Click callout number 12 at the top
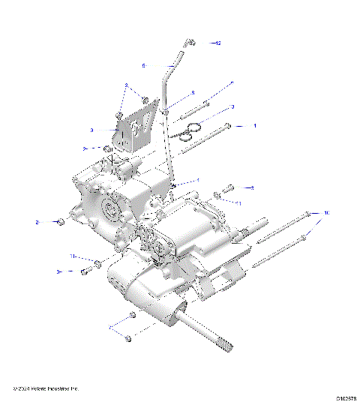point(219,43)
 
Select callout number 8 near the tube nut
point(193,92)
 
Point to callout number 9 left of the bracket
point(112,129)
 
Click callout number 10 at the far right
point(326,214)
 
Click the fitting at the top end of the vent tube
point(191,43)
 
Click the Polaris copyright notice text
point(46,388)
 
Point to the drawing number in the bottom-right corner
point(345,399)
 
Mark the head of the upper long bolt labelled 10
point(308,214)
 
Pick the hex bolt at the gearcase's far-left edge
point(61,222)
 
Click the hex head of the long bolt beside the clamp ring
point(228,126)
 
